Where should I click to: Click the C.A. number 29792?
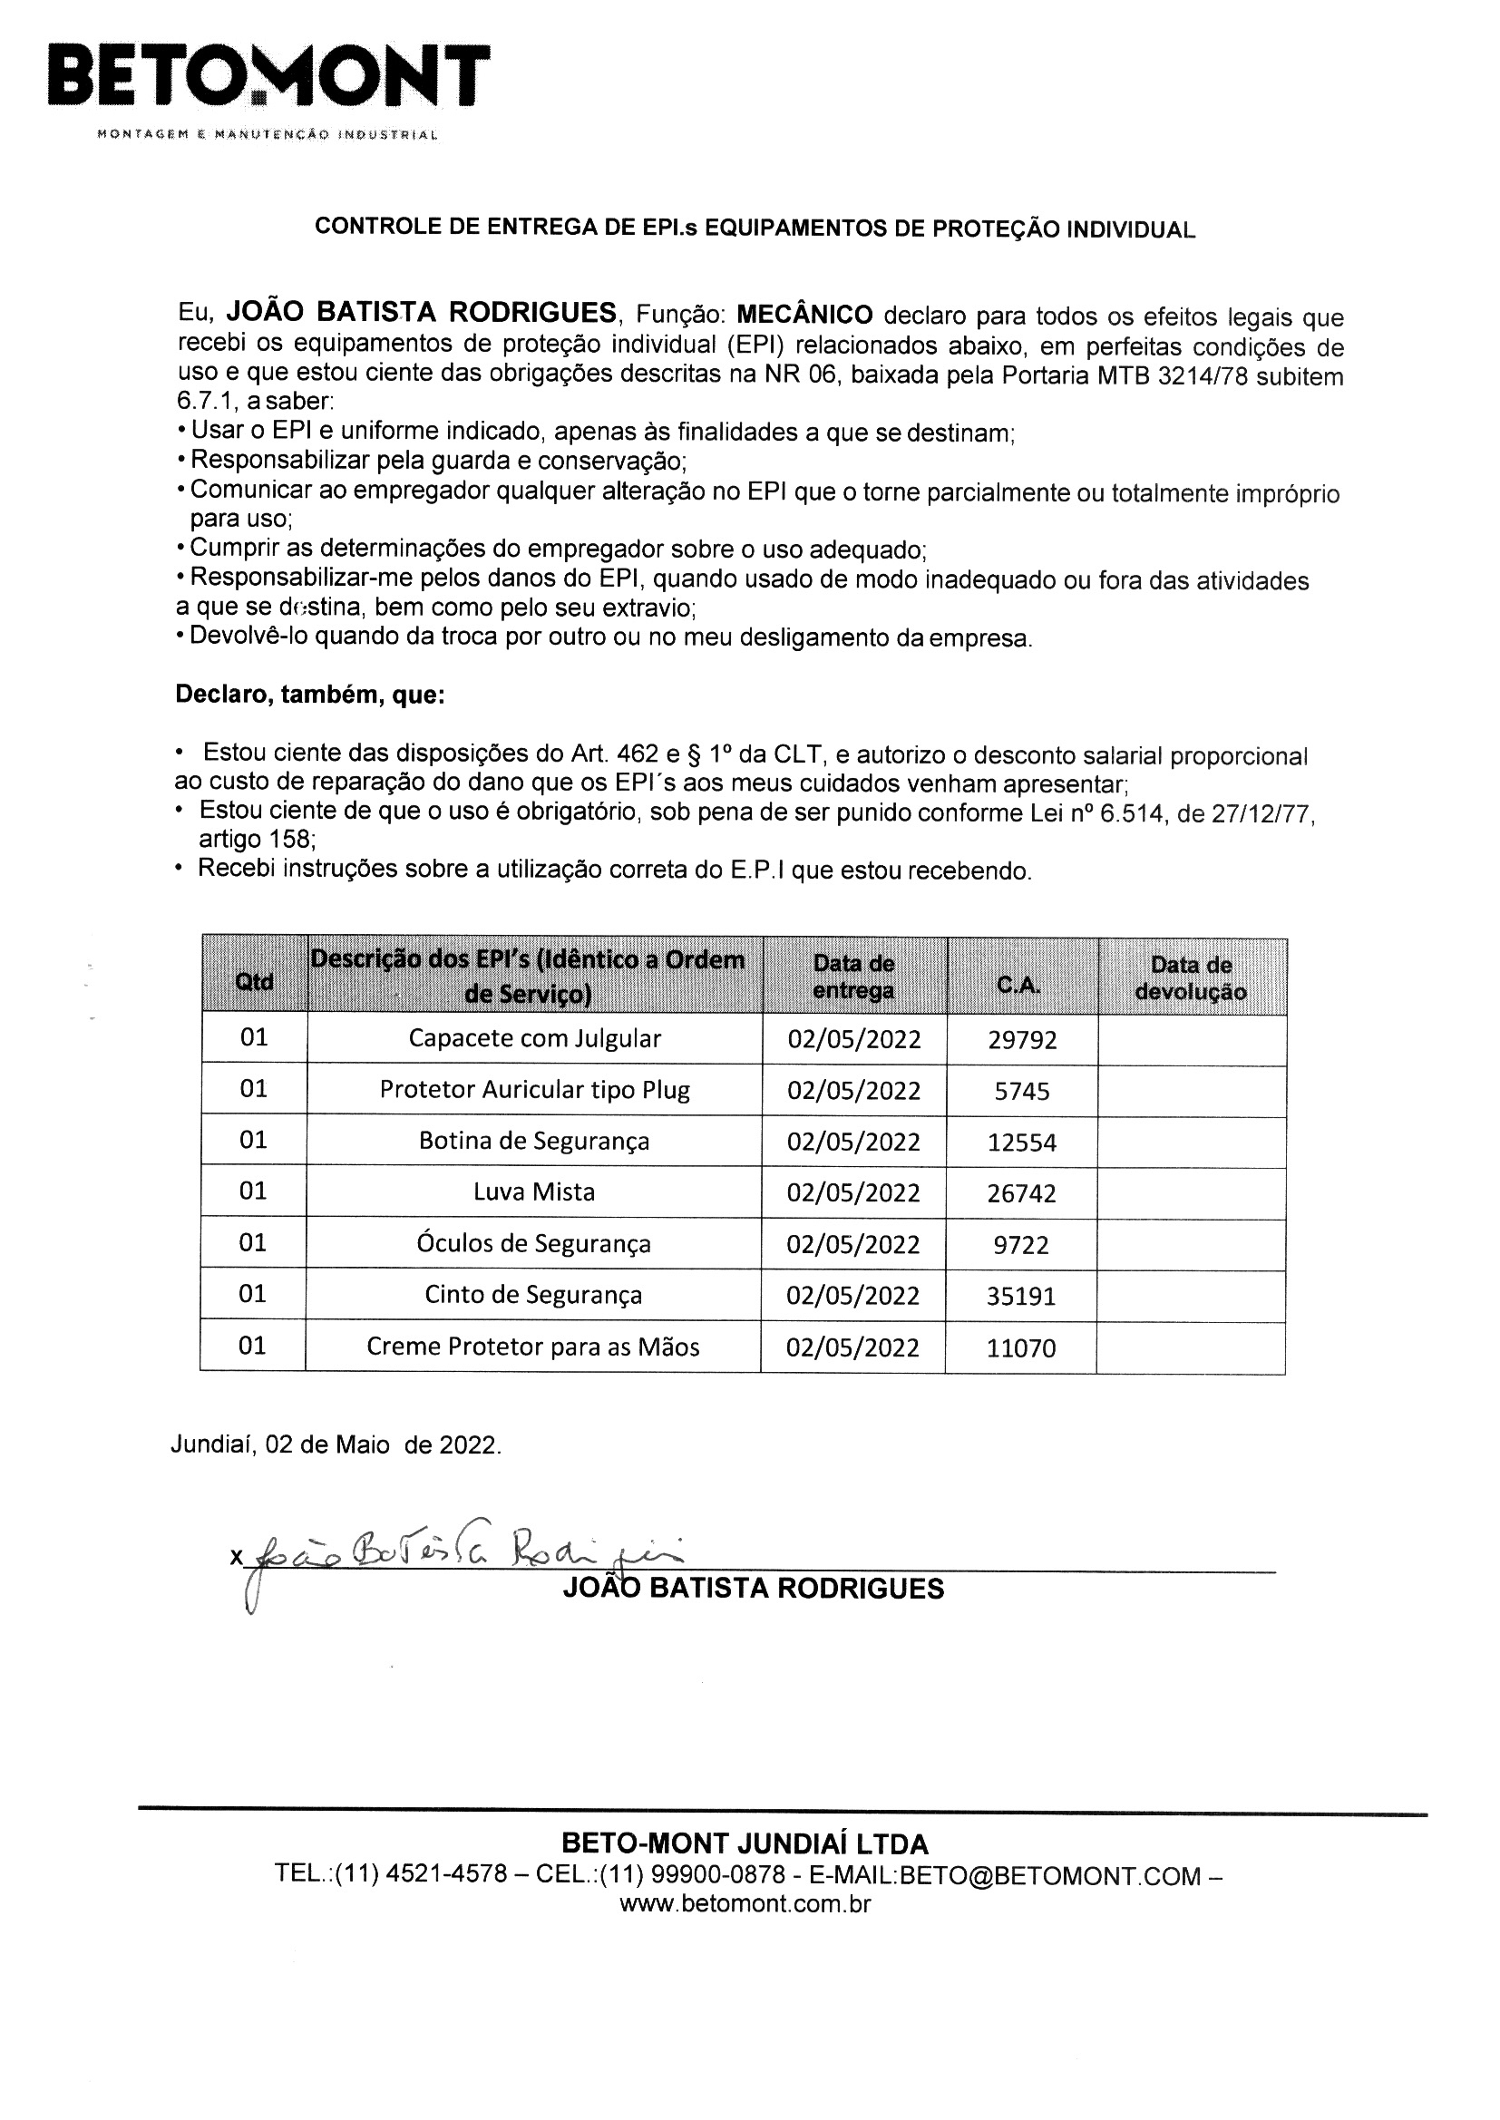click(x=1021, y=1041)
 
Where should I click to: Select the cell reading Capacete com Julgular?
click(x=535, y=1039)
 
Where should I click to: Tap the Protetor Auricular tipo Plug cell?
click(x=535, y=1091)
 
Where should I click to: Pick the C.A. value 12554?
click(x=1021, y=1143)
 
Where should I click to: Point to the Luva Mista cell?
click(x=534, y=1192)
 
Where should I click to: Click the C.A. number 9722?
click(x=1021, y=1246)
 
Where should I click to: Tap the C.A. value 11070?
click(x=1020, y=1348)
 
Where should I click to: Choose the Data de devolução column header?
click(x=1191, y=978)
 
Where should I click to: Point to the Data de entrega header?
click(x=853, y=977)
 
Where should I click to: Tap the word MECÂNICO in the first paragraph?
click(x=804, y=315)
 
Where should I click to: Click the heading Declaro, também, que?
click(x=310, y=695)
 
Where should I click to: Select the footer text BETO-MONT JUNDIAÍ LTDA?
click(x=745, y=1844)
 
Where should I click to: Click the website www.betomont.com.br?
click(x=745, y=1903)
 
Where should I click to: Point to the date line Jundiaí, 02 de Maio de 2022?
click(x=336, y=1445)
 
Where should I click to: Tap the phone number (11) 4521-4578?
click(x=421, y=1874)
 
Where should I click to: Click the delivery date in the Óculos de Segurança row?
click(x=853, y=1245)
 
